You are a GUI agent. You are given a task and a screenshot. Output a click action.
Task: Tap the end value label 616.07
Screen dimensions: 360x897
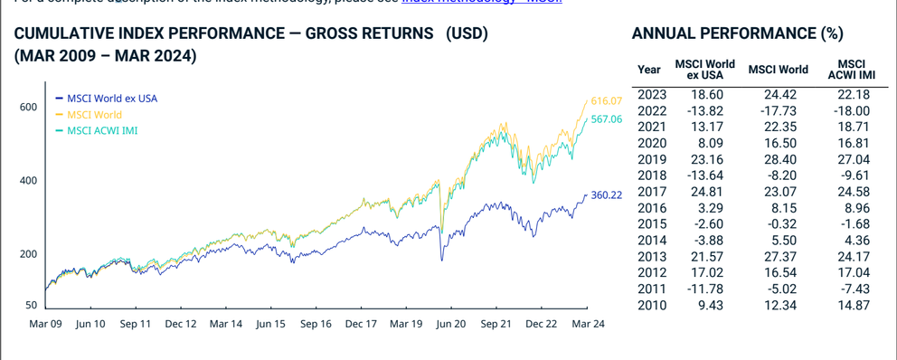607,100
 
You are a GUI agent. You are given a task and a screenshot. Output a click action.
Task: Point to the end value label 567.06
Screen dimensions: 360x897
607,119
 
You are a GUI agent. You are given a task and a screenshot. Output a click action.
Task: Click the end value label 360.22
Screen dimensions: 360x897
607,194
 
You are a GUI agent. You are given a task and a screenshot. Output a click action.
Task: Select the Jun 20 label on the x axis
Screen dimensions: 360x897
451,323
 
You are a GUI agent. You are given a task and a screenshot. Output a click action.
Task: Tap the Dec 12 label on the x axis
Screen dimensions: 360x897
182,323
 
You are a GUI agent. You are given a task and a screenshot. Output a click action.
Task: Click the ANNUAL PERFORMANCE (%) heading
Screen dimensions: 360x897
737,34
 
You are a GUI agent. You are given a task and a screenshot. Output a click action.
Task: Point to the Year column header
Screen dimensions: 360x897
649,69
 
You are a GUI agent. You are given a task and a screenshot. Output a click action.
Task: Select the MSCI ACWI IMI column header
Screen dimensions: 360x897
852,68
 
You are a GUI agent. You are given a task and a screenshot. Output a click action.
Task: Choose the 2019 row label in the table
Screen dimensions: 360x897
652,159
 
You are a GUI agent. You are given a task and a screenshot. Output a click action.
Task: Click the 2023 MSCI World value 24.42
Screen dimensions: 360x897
779,94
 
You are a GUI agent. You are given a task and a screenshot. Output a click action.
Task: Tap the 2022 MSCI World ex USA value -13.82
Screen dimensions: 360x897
703,110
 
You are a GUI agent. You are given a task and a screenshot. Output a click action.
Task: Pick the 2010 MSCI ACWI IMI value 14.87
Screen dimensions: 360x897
852,306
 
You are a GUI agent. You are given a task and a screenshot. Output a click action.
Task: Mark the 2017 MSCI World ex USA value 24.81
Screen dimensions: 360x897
705,192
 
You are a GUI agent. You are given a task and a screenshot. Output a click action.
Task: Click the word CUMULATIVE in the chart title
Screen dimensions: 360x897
66,34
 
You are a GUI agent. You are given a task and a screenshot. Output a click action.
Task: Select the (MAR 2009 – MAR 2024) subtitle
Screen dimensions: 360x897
106,55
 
